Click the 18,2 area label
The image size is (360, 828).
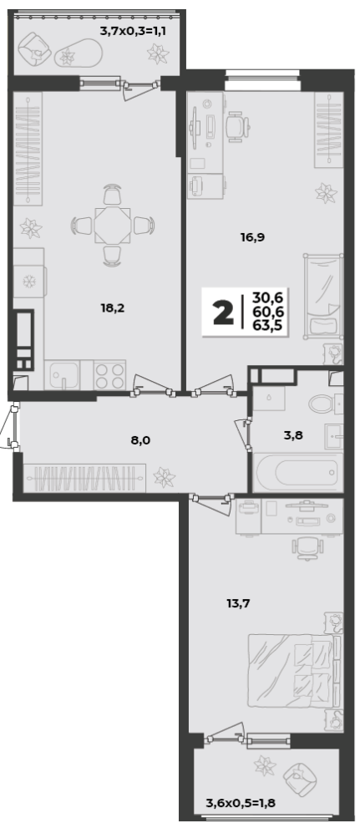point(113,308)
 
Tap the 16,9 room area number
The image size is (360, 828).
point(252,237)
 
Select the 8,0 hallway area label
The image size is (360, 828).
point(140,439)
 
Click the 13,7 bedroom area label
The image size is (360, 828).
point(238,603)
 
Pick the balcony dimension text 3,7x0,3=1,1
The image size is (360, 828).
point(133,31)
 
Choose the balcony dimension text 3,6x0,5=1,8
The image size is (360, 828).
point(241,805)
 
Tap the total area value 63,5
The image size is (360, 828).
point(266,325)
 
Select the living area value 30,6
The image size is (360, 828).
point(266,297)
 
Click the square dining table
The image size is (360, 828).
point(113,226)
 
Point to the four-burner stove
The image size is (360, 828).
point(109,375)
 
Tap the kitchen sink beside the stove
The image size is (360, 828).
point(63,375)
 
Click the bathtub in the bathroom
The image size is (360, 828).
point(297,472)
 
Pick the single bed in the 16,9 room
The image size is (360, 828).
point(323,296)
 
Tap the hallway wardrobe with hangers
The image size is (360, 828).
point(84,477)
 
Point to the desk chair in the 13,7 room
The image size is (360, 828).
point(307,547)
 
